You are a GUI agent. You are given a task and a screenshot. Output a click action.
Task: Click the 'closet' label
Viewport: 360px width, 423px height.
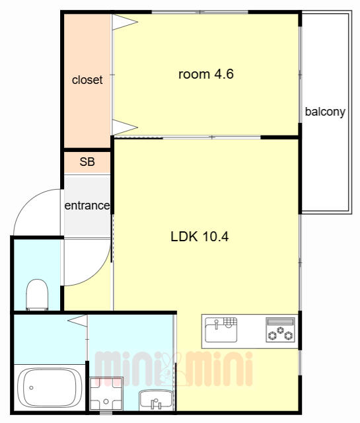[x=87, y=80]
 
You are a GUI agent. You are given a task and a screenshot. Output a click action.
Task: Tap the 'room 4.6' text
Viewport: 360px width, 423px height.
[x=206, y=74]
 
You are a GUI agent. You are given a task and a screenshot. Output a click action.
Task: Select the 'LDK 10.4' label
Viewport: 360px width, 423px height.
[x=199, y=237]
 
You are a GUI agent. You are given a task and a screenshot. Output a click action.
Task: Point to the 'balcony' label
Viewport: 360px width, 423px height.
[x=325, y=112]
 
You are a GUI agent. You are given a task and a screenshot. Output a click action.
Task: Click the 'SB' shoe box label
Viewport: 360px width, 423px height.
[x=87, y=161]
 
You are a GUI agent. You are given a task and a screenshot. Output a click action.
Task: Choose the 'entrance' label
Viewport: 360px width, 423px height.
[x=87, y=206]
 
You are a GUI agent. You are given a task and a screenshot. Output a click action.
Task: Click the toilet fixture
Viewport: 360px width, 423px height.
[x=37, y=295]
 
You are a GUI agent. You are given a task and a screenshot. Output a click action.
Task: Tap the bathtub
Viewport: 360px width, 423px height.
[x=50, y=388]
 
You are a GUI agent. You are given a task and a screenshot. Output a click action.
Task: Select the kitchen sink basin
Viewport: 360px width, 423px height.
[x=221, y=330]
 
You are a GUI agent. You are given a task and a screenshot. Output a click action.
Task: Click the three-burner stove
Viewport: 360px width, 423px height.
[x=280, y=330]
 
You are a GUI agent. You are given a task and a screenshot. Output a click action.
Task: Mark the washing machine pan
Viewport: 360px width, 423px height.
[x=106, y=394]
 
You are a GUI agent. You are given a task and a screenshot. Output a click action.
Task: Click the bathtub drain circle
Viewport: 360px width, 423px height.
[x=31, y=388]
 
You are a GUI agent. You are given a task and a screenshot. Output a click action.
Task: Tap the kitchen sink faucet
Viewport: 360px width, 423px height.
[x=216, y=325]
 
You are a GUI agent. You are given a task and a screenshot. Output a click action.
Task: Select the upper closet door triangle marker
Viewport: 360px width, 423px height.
[x=125, y=22]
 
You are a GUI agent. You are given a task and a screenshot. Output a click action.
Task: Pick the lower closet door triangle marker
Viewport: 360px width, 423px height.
[x=125, y=127]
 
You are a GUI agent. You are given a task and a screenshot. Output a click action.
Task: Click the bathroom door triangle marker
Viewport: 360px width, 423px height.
[x=78, y=321]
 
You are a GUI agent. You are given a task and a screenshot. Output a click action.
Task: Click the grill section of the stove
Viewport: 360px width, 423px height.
[x=280, y=322]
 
